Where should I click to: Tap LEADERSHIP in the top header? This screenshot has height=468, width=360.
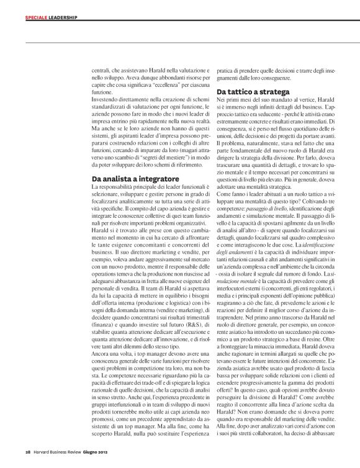62,17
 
